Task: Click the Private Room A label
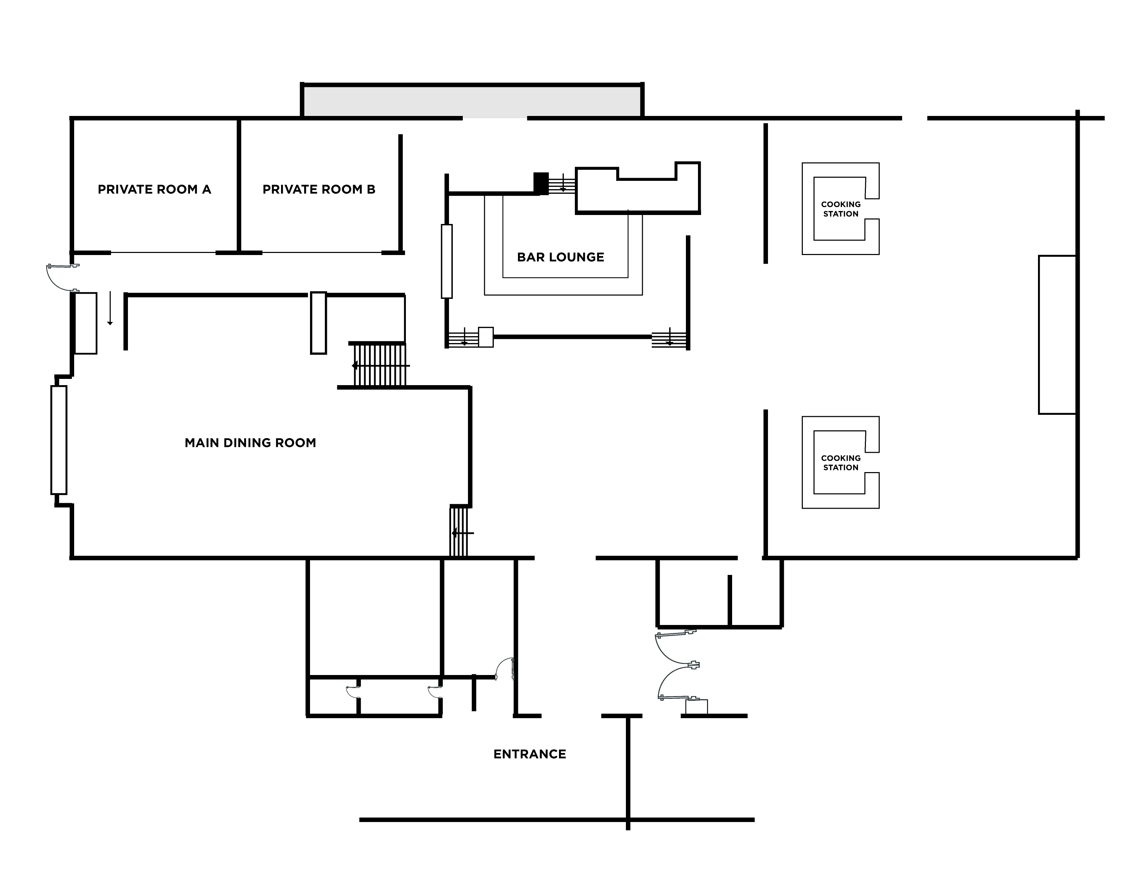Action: [154, 189]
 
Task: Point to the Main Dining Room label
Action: [250, 443]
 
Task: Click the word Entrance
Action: [529, 754]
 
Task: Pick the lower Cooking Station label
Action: [840, 462]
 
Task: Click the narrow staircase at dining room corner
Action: [459, 532]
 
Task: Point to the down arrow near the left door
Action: [110, 309]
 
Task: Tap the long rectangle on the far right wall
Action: [1057, 335]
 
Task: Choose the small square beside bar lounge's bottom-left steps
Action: [486, 337]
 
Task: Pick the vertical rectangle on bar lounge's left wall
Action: [447, 261]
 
